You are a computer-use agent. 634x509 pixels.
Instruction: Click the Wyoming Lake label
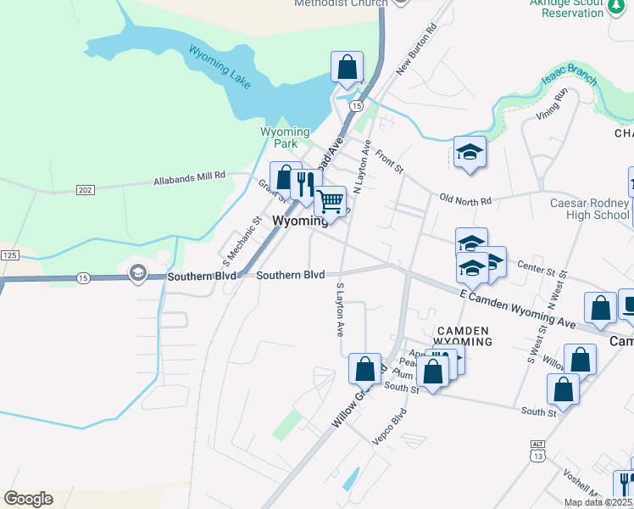pos(220,67)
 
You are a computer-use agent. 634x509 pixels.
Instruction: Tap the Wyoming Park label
pos(285,137)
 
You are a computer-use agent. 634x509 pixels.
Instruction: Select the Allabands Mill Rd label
pos(189,178)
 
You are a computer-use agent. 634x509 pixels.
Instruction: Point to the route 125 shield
pos(9,255)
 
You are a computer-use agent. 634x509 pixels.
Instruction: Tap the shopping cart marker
pos(331,202)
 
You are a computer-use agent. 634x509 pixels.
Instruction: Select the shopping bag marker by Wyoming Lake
pos(348,67)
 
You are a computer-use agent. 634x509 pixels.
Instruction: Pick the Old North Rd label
pos(465,199)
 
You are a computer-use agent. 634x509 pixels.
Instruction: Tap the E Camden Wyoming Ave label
pos(517,308)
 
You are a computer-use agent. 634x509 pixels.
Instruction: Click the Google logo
pos(28,499)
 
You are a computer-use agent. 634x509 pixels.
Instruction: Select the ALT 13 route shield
pos(537,450)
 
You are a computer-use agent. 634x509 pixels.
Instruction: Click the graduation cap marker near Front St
pos(470,152)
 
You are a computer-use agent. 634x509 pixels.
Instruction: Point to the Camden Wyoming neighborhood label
pos(463,335)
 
